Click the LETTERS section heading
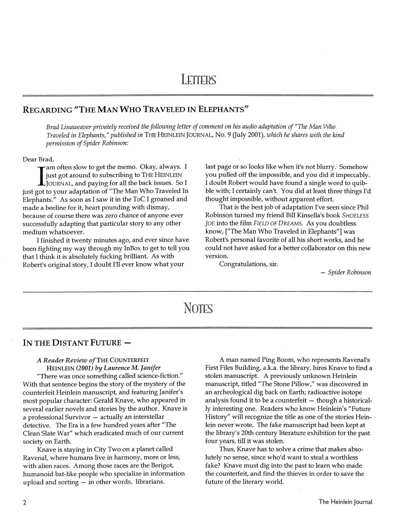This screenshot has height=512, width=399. point(199,79)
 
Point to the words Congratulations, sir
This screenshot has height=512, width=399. point(251,263)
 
